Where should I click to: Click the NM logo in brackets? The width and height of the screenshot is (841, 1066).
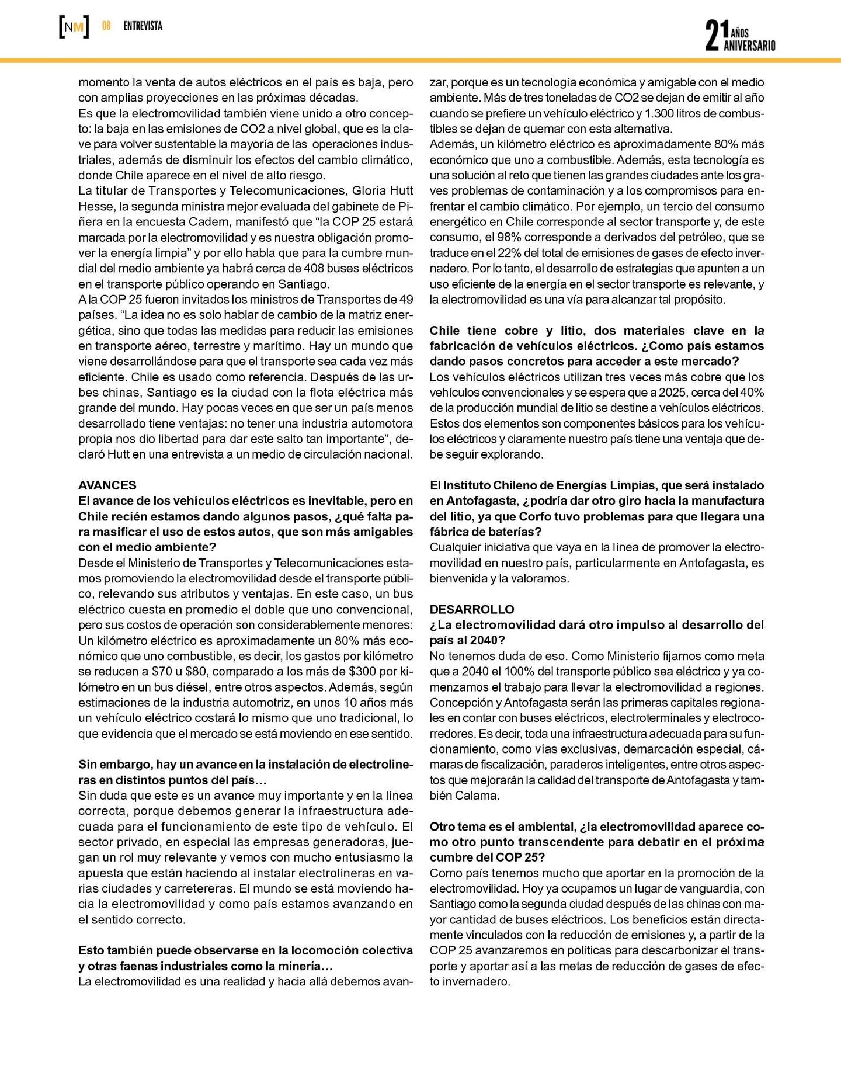tap(74, 27)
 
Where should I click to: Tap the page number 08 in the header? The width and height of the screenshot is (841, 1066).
tap(106, 26)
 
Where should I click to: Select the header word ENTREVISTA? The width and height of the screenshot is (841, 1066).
tap(143, 26)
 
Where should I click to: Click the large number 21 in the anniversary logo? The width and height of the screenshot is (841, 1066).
tap(711, 36)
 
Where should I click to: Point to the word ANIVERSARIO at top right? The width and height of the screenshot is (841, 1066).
tap(749, 46)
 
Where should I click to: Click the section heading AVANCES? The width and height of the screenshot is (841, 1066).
tap(107, 485)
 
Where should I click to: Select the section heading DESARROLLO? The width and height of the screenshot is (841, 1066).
tap(472, 609)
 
